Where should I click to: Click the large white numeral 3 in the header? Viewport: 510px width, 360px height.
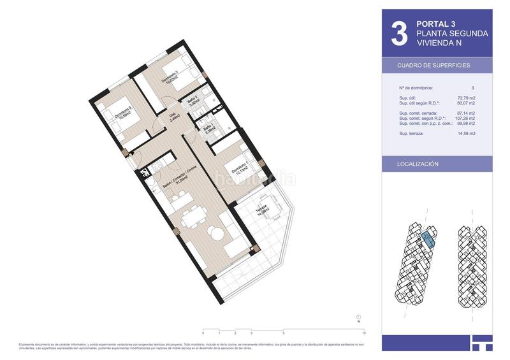[x=398, y=35]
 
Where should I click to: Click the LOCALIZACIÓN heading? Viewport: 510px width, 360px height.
[x=418, y=164]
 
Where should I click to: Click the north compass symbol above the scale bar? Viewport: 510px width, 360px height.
[x=359, y=318]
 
